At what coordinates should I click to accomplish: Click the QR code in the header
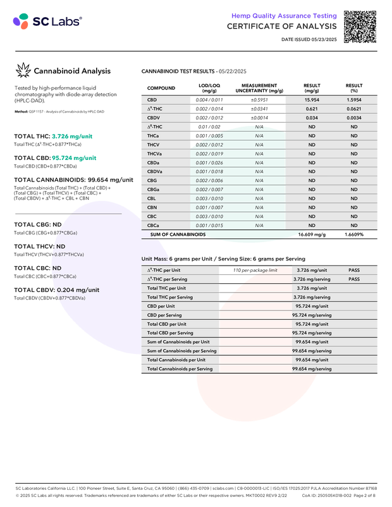point(361,25)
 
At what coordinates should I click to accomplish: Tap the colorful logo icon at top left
point(20,22)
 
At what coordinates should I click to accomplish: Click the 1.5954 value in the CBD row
point(355,101)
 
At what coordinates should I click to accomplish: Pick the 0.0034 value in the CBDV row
point(355,118)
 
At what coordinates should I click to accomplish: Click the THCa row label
point(153,136)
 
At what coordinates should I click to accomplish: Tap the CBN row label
point(152,207)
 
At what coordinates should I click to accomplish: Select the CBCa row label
point(154,225)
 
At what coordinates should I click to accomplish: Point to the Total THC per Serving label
point(171,297)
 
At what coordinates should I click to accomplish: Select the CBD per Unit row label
point(162,306)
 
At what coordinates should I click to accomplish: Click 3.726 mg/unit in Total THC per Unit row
point(311,288)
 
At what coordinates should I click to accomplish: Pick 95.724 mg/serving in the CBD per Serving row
point(312,315)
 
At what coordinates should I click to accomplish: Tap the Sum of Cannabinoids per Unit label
point(178,341)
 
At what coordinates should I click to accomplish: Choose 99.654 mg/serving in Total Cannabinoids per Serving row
point(312,369)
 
